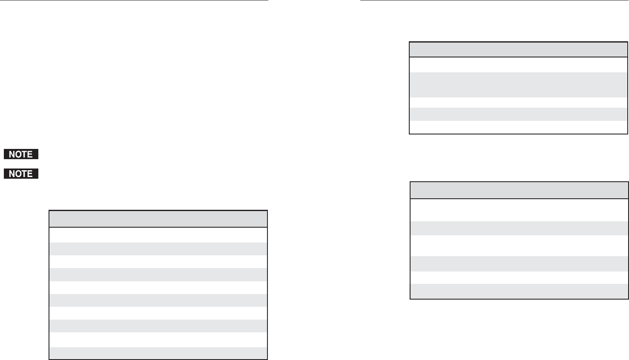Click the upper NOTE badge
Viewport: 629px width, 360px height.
(x=21, y=154)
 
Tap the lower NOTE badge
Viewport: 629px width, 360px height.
(x=21, y=174)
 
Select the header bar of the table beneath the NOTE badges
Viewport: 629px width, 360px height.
(x=158, y=219)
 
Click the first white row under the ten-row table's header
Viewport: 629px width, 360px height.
(x=158, y=235)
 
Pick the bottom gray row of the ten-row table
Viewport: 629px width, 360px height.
(x=158, y=353)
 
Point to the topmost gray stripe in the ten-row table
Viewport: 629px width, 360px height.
(x=158, y=249)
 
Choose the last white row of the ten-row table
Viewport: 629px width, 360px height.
(x=158, y=340)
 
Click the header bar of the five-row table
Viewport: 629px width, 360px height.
(x=518, y=49)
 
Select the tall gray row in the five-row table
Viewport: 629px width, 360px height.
(x=518, y=85)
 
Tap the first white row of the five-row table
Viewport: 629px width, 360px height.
(x=518, y=65)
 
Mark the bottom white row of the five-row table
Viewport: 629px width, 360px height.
(x=518, y=127)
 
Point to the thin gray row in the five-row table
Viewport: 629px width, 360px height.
(x=518, y=114)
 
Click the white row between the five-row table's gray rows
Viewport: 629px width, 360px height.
(x=518, y=102)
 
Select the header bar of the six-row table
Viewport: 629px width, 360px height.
(x=519, y=190)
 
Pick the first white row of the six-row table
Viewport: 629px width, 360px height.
(x=519, y=210)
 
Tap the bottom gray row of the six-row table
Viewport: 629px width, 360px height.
(x=519, y=291)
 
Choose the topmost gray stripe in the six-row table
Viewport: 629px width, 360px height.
(x=519, y=228)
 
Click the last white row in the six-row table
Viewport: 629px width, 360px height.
(x=519, y=277)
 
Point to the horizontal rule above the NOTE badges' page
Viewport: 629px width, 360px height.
(x=134, y=0)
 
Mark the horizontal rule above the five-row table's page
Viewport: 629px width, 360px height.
(x=494, y=0)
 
